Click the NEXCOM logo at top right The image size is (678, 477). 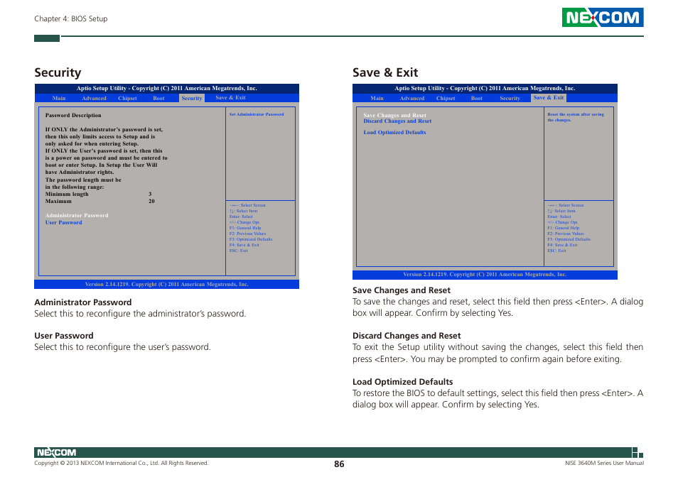point(602,18)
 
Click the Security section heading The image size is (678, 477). point(58,72)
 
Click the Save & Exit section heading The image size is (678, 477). point(385,72)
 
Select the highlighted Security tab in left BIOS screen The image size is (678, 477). point(192,99)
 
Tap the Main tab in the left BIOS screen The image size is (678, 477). point(59,99)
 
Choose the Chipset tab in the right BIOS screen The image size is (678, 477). point(446,99)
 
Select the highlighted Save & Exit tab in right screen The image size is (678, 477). point(549,98)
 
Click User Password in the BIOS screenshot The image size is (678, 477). point(64,222)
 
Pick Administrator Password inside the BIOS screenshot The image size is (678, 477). point(77,215)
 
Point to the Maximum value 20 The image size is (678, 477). point(151,201)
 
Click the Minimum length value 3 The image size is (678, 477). point(150,194)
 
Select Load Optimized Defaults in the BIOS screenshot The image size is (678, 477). point(394,132)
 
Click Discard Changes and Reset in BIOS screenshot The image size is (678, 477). point(397,121)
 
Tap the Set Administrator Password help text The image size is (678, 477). point(257,114)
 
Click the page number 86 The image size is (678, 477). point(339,464)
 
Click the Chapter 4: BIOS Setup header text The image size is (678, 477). point(71,19)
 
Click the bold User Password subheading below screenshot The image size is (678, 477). point(64,336)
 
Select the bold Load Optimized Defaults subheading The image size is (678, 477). point(402,382)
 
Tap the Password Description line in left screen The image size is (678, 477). point(73,115)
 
